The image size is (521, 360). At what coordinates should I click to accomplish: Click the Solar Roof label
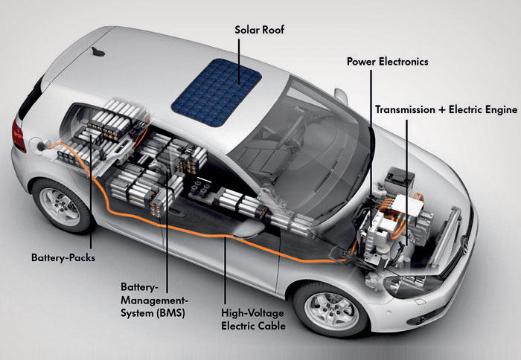(x=259, y=30)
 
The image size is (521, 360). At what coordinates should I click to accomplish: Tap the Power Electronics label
(x=388, y=62)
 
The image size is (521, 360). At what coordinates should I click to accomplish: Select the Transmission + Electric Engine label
(x=447, y=110)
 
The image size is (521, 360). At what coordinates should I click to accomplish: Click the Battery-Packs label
(x=63, y=257)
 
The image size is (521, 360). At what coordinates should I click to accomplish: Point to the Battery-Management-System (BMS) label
(x=154, y=300)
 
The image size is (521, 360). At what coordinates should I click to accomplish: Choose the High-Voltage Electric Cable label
(x=253, y=320)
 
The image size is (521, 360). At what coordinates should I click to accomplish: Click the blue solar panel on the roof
(x=217, y=92)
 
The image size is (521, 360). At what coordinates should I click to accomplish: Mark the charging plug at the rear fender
(x=41, y=146)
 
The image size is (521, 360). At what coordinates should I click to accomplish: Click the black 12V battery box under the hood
(x=400, y=180)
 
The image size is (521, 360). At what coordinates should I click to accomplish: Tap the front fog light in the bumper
(x=422, y=320)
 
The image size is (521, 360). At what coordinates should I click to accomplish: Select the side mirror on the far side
(x=341, y=97)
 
